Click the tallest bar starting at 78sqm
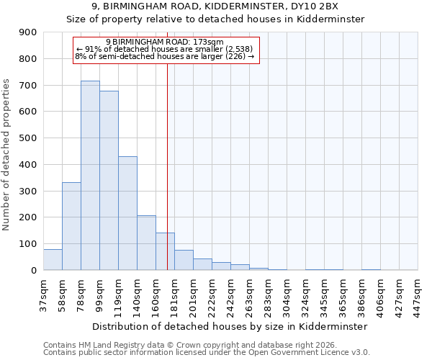90,176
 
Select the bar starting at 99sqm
109,181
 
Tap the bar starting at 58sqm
71,226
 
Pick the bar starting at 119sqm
127,213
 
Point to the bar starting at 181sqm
184,260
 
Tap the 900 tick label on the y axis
27,32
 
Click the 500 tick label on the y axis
27,138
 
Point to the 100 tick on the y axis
27,244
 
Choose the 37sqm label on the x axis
44,292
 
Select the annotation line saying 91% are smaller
165,49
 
